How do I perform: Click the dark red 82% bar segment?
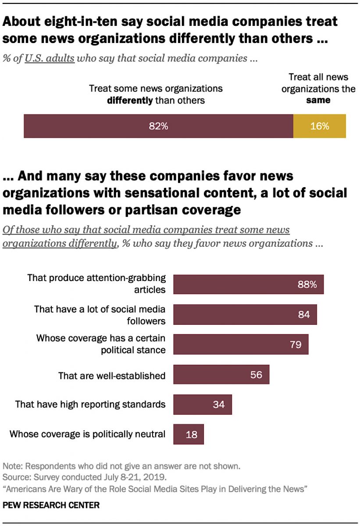pyautogui.click(x=158, y=126)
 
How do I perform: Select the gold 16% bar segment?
pyautogui.click(x=319, y=126)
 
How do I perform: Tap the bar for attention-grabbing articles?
pyautogui.click(x=248, y=284)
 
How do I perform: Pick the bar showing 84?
pyautogui.click(x=245, y=314)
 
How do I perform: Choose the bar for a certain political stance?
pyautogui.click(x=241, y=345)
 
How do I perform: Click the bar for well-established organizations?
pyautogui.click(x=221, y=375)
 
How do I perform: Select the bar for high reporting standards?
pyautogui.click(x=202, y=404)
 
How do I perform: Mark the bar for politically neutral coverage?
pyautogui.click(x=189, y=434)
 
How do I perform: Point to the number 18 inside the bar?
pyautogui.click(x=192, y=435)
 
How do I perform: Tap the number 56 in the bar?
pyautogui.click(x=256, y=375)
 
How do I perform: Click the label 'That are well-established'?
pyautogui.click(x=112, y=376)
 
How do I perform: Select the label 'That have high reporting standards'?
pyautogui.click(x=90, y=404)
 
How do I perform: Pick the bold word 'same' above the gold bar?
pyautogui.click(x=318, y=100)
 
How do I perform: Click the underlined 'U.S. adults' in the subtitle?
pyautogui.click(x=50, y=58)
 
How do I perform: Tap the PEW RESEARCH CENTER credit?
pyautogui.click(x=51, y=505)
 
